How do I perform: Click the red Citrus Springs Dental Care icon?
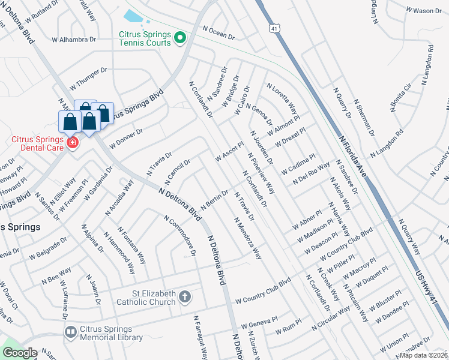pyautogui.click(x=73, y=143)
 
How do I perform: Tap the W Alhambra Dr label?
pyautogui.click(x=74, y=40)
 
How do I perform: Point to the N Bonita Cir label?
pyautogui.click(x=400, y=98)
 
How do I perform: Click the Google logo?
pyautogui.click(x=20, y=353)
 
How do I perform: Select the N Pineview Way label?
pyautogui.click(x=261, y=174)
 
